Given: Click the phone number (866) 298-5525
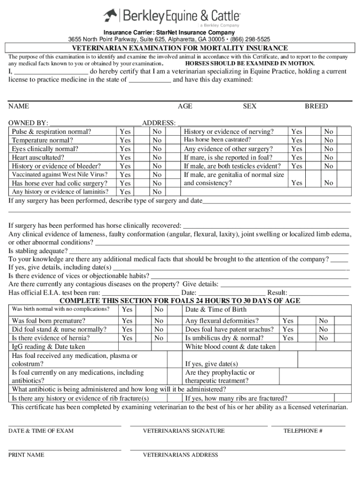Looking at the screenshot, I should pos(249,39).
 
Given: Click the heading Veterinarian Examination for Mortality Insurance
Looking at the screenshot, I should pos(180,48).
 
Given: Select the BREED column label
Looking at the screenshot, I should pos(316,106).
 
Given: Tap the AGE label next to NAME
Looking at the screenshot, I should pos(185,106).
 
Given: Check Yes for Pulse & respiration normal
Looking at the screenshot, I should pos(125,132).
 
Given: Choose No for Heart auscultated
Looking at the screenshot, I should pos(157,158).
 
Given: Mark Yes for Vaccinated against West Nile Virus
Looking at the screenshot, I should pos(125,174).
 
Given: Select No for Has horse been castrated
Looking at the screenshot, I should pos(329,140).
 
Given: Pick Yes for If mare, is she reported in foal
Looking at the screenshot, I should pos(297,158).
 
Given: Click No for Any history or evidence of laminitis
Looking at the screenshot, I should pos(157,192).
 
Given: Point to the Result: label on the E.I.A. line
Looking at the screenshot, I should pos(277,292).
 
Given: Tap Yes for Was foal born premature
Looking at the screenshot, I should pos(127,321).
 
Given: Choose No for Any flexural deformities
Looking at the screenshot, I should pos(323,321).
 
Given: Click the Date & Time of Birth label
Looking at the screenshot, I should pos(216,309).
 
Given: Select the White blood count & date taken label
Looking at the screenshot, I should pos(230,347).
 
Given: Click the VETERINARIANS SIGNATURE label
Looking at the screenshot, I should pos(183,431).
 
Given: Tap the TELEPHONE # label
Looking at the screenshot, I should pos(302,431).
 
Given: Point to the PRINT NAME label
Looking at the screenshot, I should pos(26,455).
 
